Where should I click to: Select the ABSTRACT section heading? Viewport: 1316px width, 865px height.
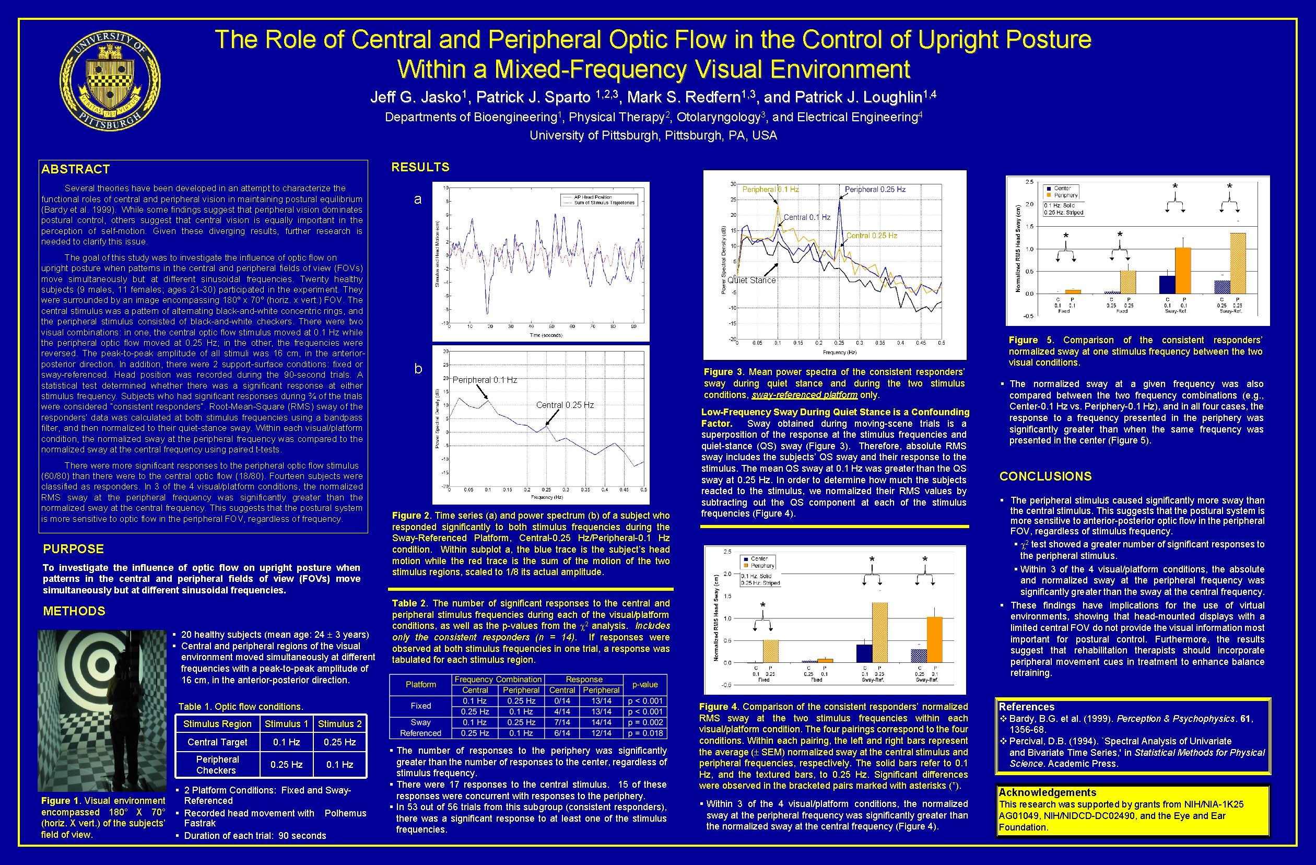[x=76, y=169]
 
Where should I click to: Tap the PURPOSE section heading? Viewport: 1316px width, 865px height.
[x=74, y=548]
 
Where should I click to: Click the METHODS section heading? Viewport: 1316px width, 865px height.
[x=74, y=611]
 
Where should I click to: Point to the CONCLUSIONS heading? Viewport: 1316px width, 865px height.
[x=1045, y=476]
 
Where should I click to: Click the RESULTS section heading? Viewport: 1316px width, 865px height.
[x=420, y=167]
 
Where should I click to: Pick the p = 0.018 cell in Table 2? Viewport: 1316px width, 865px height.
[x=645, y=733]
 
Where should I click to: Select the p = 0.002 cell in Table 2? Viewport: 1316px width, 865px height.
[x=645, y=722]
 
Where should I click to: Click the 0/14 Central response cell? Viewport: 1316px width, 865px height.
[x=562, y=701]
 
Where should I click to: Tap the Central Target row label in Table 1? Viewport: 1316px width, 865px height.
[x=217, y=742]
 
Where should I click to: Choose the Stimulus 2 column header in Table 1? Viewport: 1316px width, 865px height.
[x=339, y=724]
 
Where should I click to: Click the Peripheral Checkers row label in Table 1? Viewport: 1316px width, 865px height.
[x=217, y=765]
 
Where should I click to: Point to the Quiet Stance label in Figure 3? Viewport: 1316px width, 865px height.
[x=751, y=280]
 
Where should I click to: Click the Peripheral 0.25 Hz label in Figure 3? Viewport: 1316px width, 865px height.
[x=875, y=189]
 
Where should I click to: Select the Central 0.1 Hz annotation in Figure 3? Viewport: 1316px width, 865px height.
[x=807, y=217]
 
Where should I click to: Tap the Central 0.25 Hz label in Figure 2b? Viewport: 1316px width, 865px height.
[x=565, y=405]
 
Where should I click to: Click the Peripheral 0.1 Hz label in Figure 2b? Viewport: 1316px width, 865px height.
[x=485, y=380]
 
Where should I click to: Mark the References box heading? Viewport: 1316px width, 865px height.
[x=1026, y=707]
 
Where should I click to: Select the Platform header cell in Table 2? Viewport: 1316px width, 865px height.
[x=421, y=685]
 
